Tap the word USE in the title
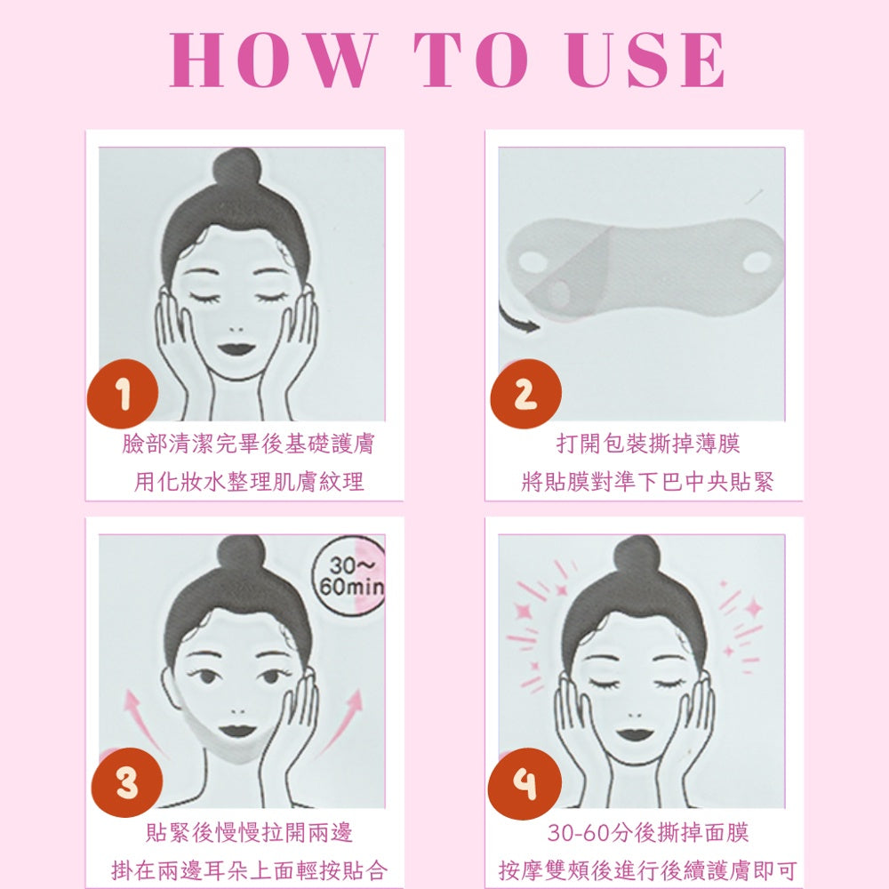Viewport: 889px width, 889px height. point(645,60)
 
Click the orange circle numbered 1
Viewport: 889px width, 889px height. point(123,394)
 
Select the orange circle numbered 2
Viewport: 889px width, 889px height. point(525,394)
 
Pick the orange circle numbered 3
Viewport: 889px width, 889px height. point(127,782)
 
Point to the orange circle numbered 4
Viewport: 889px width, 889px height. point(525,782)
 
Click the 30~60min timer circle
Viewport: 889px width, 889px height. point(348,575)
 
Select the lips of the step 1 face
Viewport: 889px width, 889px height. point(236,348)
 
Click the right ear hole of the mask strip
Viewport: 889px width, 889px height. point(757,261)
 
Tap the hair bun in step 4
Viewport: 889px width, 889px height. point(637,556)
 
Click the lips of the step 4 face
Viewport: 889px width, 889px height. point(636,734)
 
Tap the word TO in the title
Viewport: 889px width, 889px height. point(472,60)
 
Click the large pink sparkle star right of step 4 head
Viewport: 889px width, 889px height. point(755,609)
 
